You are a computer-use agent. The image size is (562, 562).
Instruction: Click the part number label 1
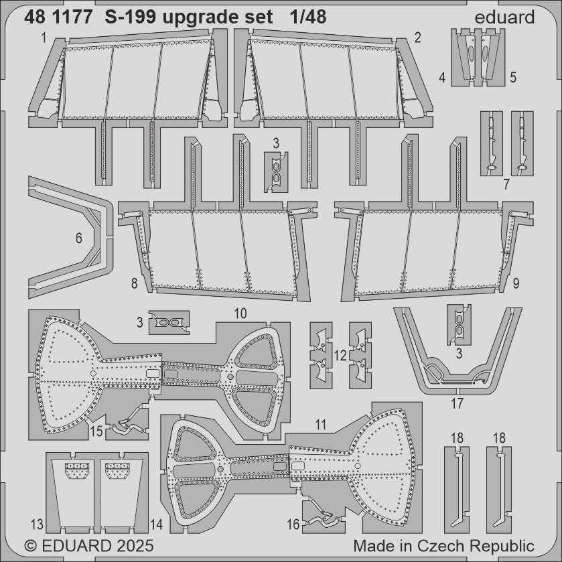click(x=43, y=38)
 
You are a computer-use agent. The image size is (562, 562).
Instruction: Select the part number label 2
click(x=417, y=38)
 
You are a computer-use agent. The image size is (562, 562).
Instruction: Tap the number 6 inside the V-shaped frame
click(x=79, y=238)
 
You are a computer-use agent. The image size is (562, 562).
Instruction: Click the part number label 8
click(x=135, y=284)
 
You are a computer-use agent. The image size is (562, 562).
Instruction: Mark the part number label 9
click(x=516, y=284)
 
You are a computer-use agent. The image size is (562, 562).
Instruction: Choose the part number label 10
click(x=240, y=313)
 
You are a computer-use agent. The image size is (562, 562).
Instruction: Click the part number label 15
click(x=96, y=432)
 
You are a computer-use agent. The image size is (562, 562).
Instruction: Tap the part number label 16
click(x=293, y=526)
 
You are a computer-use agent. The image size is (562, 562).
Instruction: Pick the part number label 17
click(x=457, y=405)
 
